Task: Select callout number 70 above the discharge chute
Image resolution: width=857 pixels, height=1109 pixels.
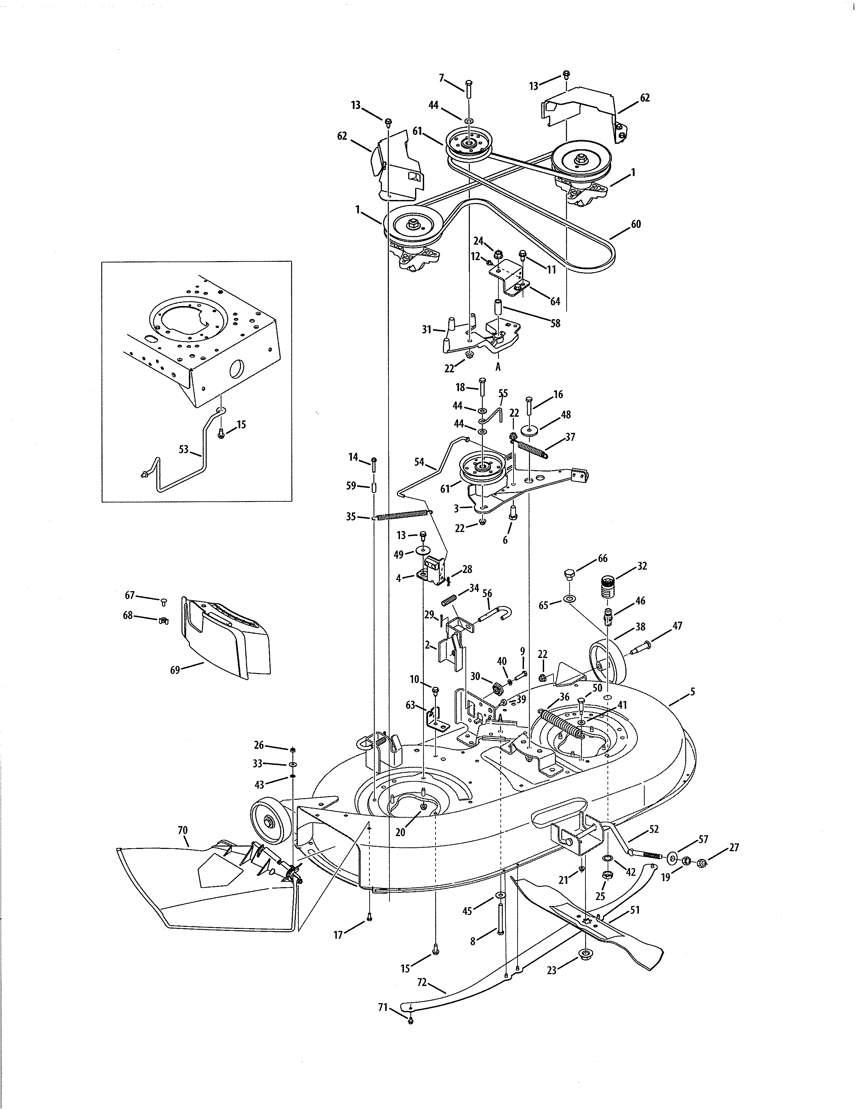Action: tap(183, 830)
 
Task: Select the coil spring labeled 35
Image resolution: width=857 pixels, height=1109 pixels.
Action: tap(404, 516)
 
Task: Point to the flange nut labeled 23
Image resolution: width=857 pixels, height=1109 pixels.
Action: tap(585, 953)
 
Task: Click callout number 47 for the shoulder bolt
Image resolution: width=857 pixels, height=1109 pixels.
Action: tap(677, 626)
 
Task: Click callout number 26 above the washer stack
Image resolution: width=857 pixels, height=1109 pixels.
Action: tap(259, 745)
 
